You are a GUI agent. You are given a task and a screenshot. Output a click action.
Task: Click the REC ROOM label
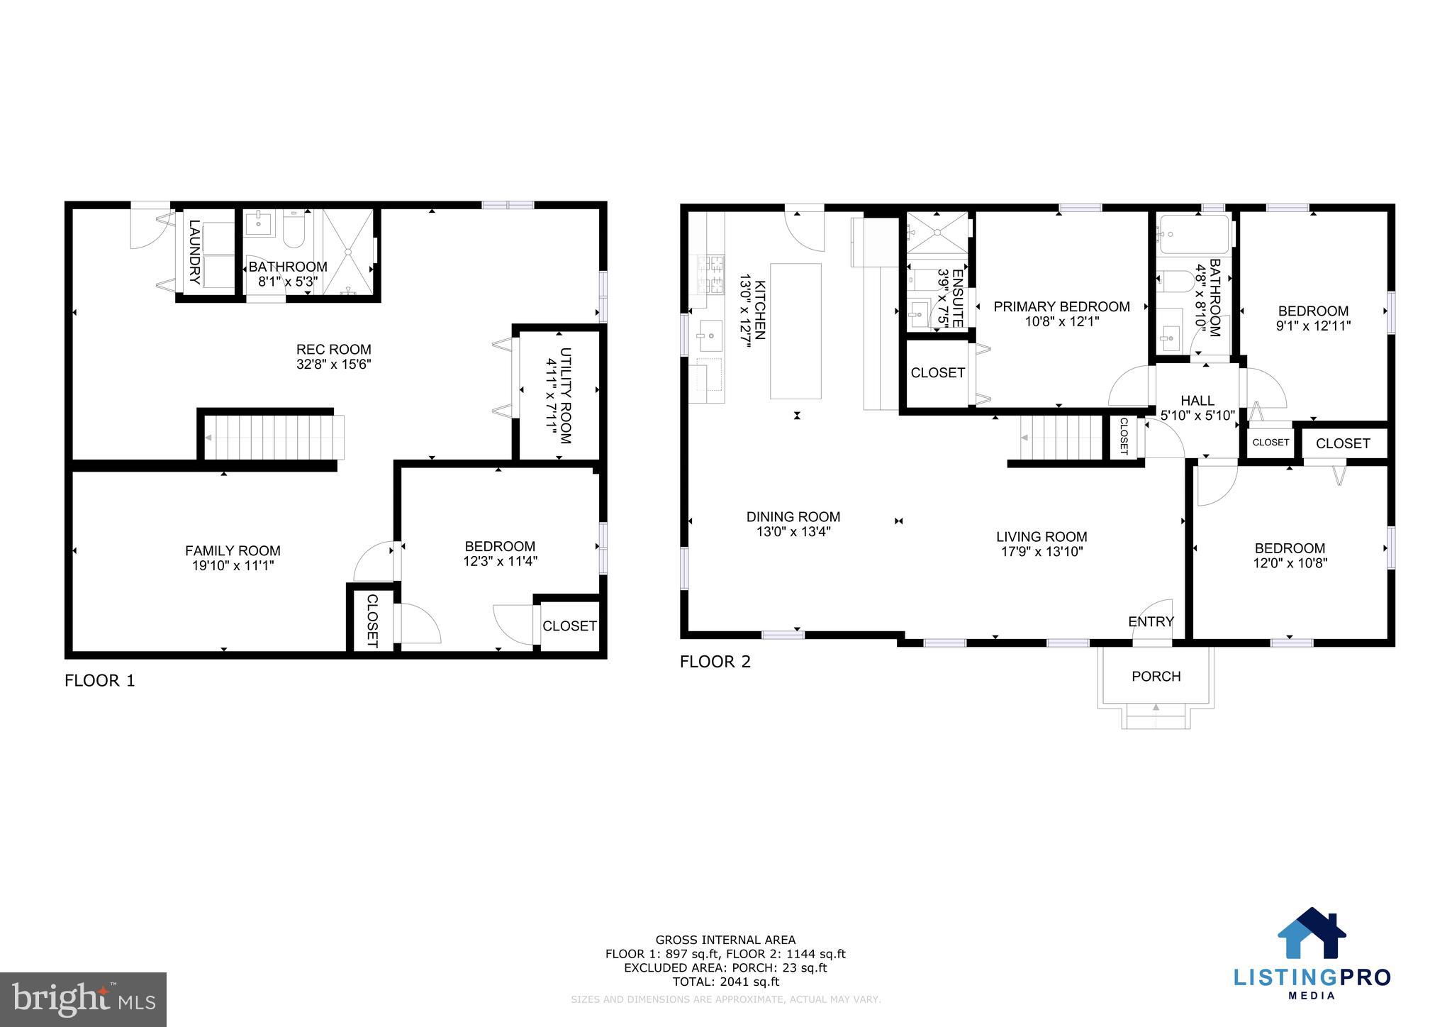pos(333,349)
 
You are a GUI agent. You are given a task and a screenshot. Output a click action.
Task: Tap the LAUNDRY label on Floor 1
pos(194,252)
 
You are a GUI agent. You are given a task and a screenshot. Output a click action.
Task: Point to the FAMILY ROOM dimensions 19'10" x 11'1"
pos(233,566)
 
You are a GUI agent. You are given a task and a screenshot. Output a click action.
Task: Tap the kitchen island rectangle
pos(795,331)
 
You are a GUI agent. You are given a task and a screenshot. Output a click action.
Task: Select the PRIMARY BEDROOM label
pos(1061,306)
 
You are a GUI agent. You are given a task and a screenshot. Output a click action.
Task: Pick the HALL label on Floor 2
pos(1197,401)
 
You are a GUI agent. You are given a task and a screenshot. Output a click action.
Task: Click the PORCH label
pos(1156,677)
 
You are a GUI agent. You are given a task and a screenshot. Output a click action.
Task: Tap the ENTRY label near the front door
pos(1151,622)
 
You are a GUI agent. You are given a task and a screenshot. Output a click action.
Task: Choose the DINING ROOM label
pos(793,517)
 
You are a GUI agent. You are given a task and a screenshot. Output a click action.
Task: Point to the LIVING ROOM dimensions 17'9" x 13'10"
pos(1041,552)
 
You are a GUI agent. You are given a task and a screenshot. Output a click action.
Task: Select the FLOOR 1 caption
pos(99,681)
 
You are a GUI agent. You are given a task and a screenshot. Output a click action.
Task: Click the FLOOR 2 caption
pos(715,662)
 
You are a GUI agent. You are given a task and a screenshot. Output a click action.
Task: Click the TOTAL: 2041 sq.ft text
pos(725,982)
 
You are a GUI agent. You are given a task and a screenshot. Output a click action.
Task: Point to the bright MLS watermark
pos(83,1000)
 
